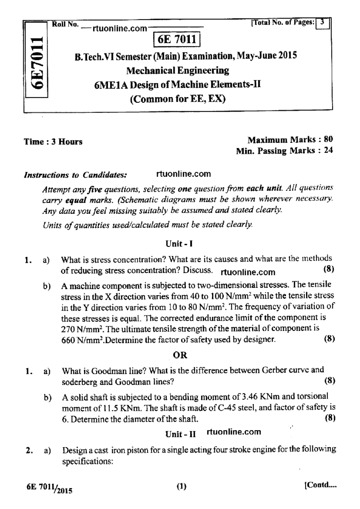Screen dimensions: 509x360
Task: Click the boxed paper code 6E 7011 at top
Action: pyautogui.click(x=177, y=40)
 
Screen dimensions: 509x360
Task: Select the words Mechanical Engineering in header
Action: pyautogui.click(x=178, y=71)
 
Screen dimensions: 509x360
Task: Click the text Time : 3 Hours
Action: pyautogui.click(x=53, y=142)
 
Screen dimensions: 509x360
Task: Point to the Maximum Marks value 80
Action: pyautogui.click(x=328, y=139)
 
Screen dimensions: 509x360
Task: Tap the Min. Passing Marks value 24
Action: pyautogui.click(x=328, y=150)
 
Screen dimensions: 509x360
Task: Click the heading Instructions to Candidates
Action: pyautogui.click(x=75, y=175)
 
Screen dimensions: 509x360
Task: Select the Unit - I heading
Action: pyautogui.click(x=179, y=244)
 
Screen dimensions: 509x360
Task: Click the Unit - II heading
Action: pyautogui.click(x=181, y=434)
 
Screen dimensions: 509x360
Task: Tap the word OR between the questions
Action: pyautogui.click(x=180, y=355)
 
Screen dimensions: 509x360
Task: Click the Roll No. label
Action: pyautogui.click(x=65, y=24)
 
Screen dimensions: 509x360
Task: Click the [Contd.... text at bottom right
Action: pyautogui.click(x=320, y=485)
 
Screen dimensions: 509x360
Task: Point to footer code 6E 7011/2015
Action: pyautogui.click(x=49, y=489)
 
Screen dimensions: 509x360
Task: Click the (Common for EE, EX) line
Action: pyautogui.click(x=178, y=99)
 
